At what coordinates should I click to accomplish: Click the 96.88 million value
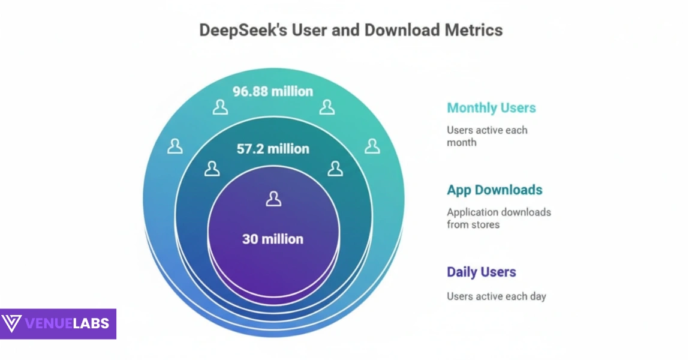coord(273,92)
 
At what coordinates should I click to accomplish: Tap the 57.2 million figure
coord(273,149)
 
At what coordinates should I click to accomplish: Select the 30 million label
coord(273,239)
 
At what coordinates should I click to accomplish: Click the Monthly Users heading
coord(491,108)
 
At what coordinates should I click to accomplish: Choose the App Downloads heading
coord(494,190)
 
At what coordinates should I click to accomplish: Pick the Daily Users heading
coord(481,272)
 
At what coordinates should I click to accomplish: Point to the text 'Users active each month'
coord(486,136)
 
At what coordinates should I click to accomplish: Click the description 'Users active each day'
coord(496,296)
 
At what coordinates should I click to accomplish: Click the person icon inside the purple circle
coord(273,199)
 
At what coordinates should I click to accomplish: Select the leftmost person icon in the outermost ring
coord(175,146)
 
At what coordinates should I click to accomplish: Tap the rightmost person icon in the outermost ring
coord(372,146)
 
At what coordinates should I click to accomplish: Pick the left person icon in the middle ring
coord(212,169)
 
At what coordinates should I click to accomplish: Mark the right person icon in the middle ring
coord(335,169)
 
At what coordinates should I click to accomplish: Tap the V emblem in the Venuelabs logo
coord(11,323)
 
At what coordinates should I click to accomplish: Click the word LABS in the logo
coord(92,324)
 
